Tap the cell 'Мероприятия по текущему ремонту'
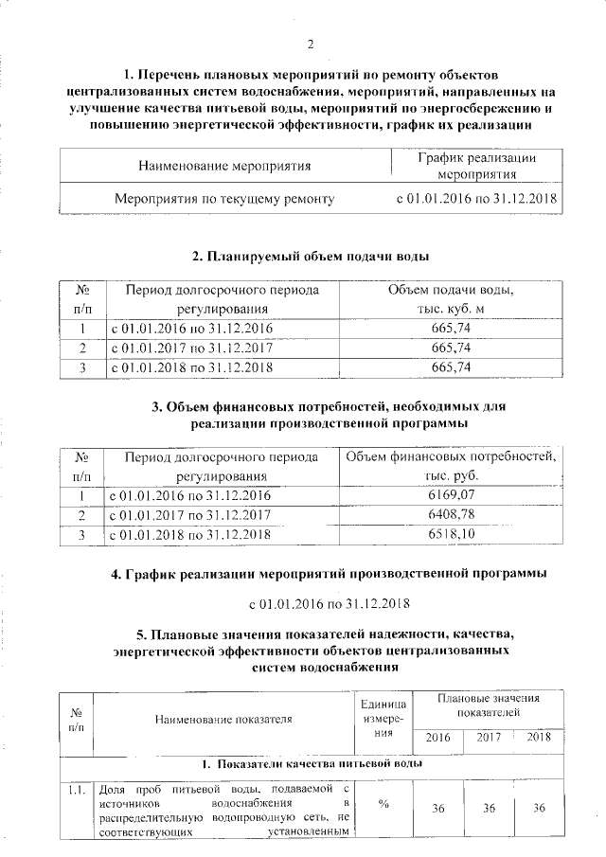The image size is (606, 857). pyautogui.click(x=224, y=200)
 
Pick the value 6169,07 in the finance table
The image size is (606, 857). pyautogui.click(x=452, y=494)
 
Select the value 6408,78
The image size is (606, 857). pyautogui.click(x=452, y=515)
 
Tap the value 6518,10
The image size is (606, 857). pyautogui.click(x=452, y=535)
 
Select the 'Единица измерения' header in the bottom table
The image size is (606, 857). pyautogui.click(x=383, y=719)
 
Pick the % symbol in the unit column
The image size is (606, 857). pyautogui.click(x=383, y=806)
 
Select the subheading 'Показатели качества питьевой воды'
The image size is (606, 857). pyautogui.click(x=311, y=763)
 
